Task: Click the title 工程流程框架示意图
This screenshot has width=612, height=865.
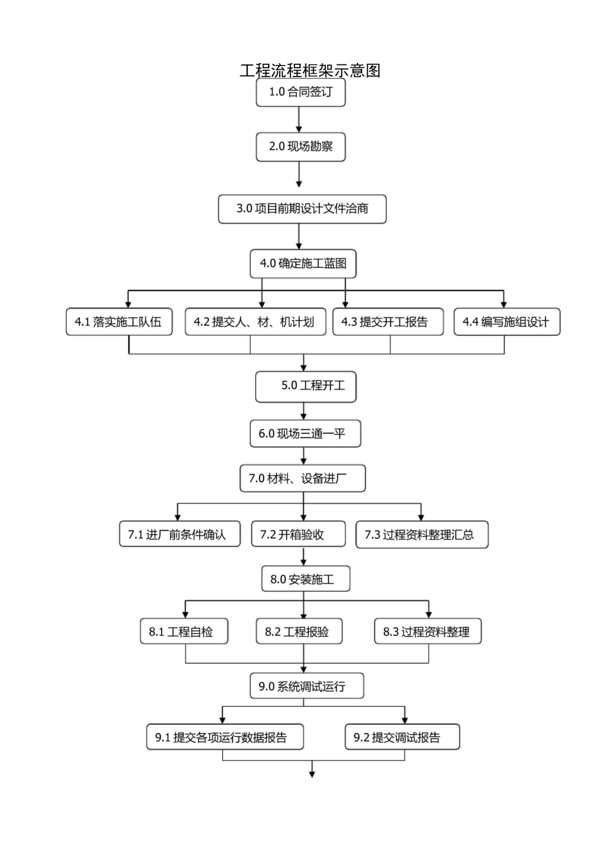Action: (310, 70)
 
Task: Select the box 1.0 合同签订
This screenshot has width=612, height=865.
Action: (300, 92)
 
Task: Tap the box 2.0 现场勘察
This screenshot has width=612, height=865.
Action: (300, 147)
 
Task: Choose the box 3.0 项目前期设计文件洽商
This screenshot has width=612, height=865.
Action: (302, 209)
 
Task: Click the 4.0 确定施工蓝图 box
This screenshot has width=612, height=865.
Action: (303, 263)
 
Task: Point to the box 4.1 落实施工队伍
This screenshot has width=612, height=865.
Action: (119, 322)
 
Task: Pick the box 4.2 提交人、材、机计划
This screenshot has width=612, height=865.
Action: (254, 322)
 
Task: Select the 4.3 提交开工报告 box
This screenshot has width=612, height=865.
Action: (388, 322)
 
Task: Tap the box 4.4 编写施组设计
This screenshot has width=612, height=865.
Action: (507, 322)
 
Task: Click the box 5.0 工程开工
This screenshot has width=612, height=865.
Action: (305, 386)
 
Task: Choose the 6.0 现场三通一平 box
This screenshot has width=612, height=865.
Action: (305, 434)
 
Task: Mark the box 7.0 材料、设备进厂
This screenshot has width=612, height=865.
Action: (302, 478)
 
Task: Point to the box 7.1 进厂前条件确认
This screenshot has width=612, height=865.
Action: (180, 534)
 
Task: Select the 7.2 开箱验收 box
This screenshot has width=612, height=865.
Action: (298, 534)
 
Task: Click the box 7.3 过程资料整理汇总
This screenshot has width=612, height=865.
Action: (422, 534)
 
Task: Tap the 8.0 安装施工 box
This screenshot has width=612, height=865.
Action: (305, 579)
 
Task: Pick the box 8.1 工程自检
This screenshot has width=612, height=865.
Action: (185, 631)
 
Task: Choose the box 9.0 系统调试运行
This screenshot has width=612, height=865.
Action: (307, 686)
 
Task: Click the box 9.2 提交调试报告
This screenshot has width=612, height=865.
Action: (402, 738)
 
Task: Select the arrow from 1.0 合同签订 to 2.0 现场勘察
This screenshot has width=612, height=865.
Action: (300, 120)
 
